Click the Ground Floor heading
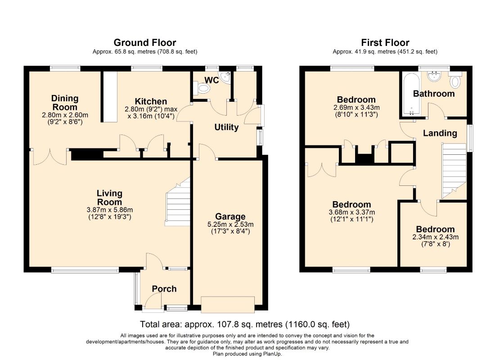pyautogui.click(x=144, y=42)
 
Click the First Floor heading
pyautogui.click(x=385, y=42)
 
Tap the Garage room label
pyautogui.click(x=230, y=216)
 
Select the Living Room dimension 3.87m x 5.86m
pyautogui.click(x=109, y=210)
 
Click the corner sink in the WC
pyautogui.click(x=226, y=77)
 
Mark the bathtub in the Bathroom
pyautogui.click(x=411, y=94)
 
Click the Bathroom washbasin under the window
pyautogui.click(x=434, y=76)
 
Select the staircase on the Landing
pyautogui.click(x=454, y=171)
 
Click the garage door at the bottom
pyautogui.click(x=228, y=304)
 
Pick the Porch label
pyautogui.click(x=164, y=288)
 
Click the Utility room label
pyautogui.click(x=226, y=127)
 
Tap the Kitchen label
pyautogui.click(x=151, y=101)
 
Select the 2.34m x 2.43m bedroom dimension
pyautogui.click(x=435, y=237)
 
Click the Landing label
pyautogui.click(x=440, y=133)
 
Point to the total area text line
pyautogui.click(x=245, y=324)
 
